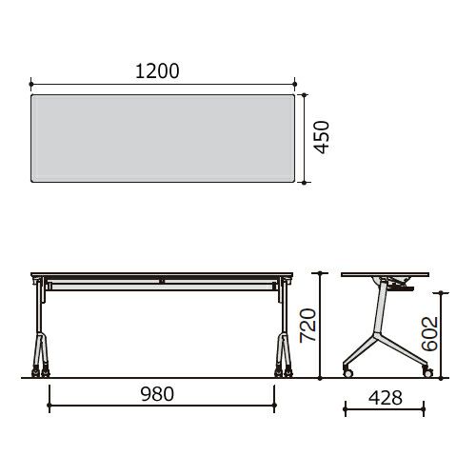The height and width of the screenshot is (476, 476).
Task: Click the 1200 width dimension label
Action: click(157, 71)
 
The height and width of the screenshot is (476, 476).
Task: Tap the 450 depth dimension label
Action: click(321, 137)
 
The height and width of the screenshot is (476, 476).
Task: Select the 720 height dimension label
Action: click(307, 326)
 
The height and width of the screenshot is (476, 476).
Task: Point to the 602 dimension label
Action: click(429, 333)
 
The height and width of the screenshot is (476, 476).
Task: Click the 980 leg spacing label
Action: click(157, 394)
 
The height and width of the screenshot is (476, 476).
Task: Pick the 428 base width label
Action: click(386, 398)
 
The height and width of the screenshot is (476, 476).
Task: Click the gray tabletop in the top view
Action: click(163, 138)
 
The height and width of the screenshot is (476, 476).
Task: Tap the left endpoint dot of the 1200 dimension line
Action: click(30, 84)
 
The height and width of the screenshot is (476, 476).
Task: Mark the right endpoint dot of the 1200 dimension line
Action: click(295, 84)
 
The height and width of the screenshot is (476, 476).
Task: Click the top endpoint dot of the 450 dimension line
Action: click(305, 94)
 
